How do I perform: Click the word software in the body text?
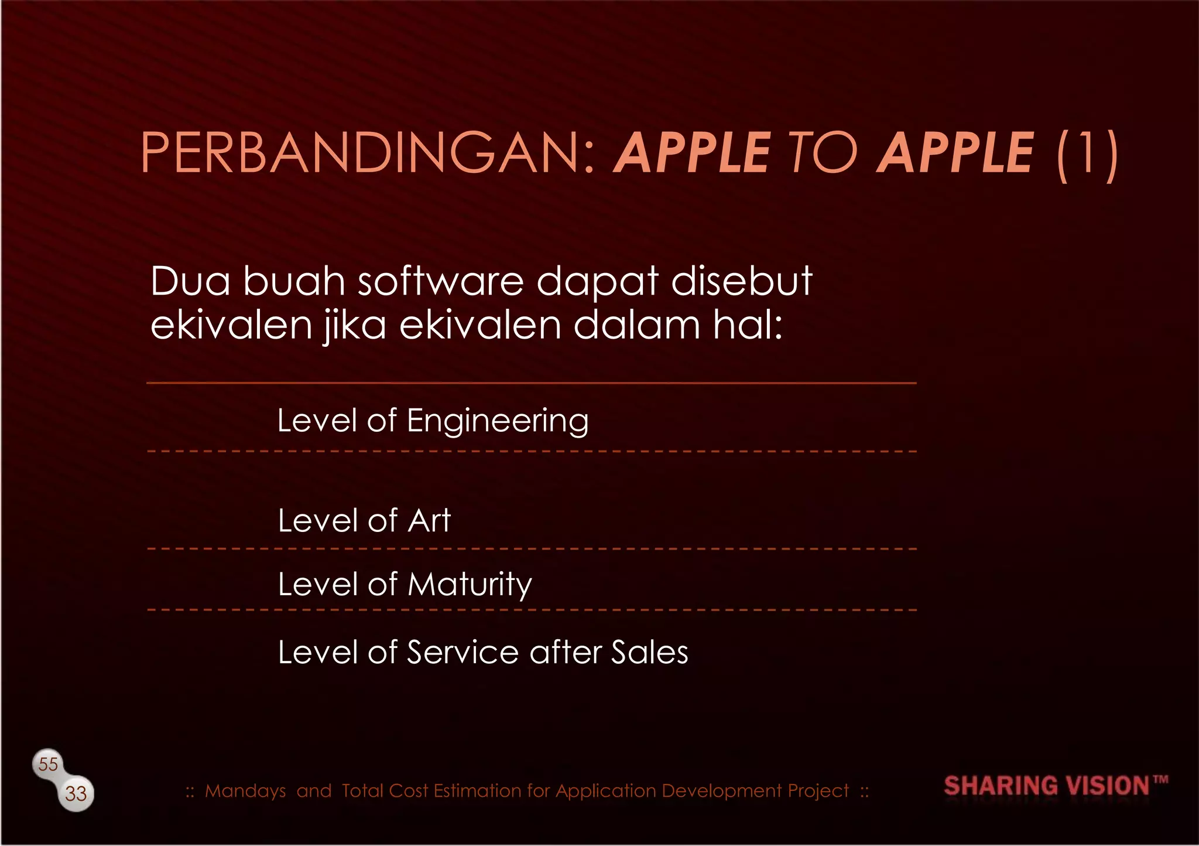tap(440, 281)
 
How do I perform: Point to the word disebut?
tap(741, 281)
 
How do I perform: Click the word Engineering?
tap(498, 421)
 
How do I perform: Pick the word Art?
tap(429, 520)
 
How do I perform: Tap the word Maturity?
tap(470, 585)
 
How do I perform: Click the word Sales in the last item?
tap(649, 652)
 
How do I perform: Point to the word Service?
tap(463, 652)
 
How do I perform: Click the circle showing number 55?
tap(48, 764)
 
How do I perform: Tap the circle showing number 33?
tap(76, 794)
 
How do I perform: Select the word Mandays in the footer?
tap(245, 791)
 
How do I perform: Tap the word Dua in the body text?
tap(190, 281)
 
